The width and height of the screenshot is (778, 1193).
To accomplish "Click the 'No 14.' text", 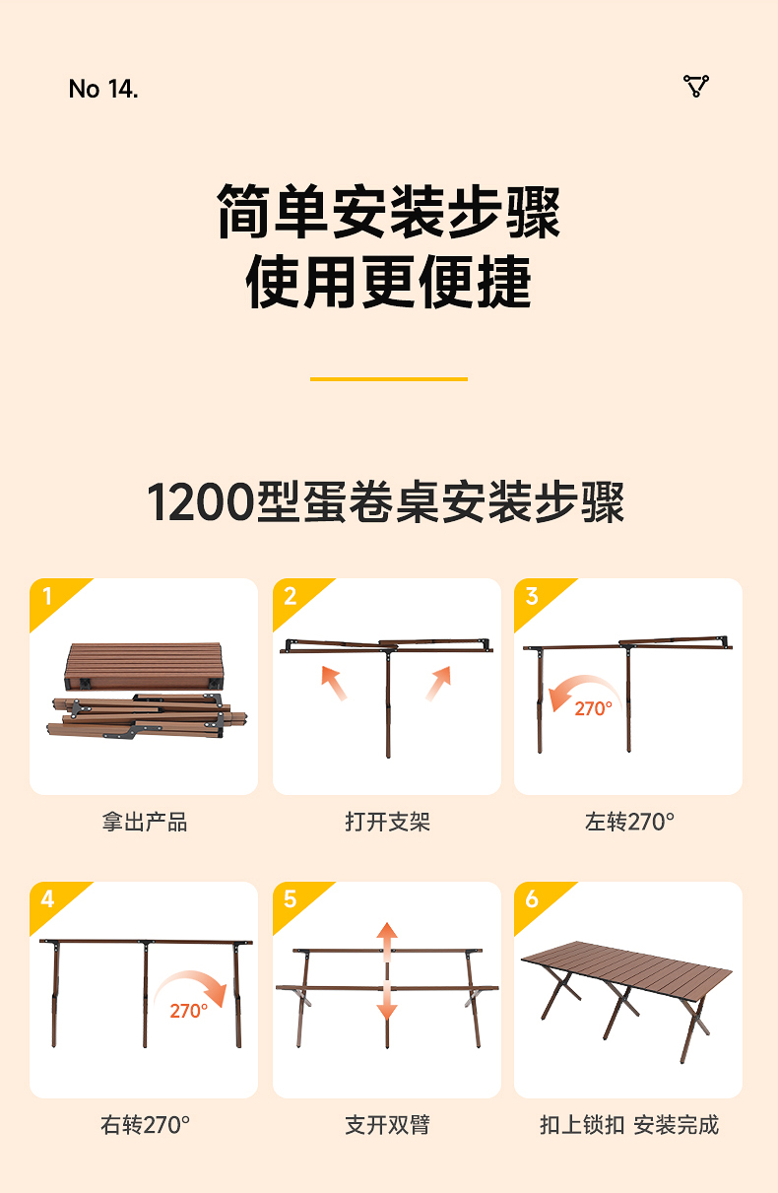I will (x=103, y=89).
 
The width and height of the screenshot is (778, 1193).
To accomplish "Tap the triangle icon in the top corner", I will (x=696, y=87).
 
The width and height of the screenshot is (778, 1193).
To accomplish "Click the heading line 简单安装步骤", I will (x=389, y=212).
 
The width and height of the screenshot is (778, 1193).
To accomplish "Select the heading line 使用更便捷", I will (x=389, y=283).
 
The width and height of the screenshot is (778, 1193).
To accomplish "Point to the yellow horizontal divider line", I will (x=389, y=378).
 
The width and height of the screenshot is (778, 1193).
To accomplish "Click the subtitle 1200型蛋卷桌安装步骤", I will (x=386, y=502).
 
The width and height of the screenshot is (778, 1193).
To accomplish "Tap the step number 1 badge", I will (x=47, y=596).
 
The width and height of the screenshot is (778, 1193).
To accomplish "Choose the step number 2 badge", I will (x=290, y=596).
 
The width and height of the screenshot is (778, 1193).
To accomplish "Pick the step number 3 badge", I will (x=532, y=596).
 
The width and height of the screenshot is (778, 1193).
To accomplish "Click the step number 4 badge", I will (x=47, y=899).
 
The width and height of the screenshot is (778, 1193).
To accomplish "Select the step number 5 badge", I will (x=290, y=899).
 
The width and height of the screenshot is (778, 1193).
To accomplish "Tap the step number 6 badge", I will (x=532, y=899).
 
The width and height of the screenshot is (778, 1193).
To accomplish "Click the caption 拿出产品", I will (x=144, y=822).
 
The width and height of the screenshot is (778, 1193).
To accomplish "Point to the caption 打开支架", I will (x=387, y=822).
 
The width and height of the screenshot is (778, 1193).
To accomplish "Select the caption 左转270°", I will (x=629, y=822).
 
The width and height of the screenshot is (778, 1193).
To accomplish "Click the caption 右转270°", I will (x=145, y=1124).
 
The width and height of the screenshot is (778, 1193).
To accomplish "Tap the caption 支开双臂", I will (x=387, y=1124).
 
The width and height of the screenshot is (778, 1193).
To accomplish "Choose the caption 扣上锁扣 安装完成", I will (x=629, y=1124).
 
